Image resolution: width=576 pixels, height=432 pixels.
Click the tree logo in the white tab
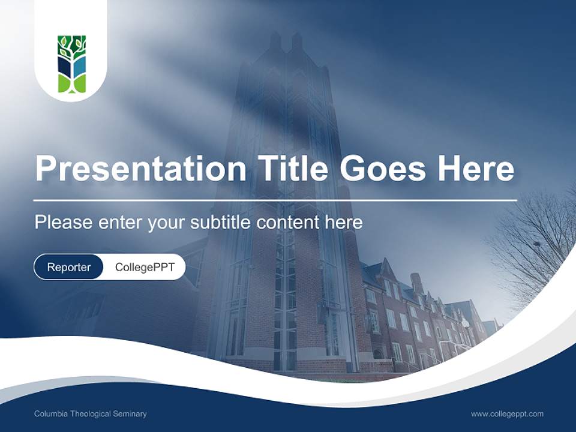[71, 64]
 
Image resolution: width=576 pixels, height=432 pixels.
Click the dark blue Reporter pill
[69, 267]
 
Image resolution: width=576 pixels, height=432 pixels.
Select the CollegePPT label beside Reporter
[145, 267]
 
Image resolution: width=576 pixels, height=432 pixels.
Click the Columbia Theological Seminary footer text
[90, 414]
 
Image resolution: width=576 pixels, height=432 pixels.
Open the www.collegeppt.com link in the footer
[507, 414]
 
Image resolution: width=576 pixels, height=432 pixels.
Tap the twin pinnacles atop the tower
[286, 42]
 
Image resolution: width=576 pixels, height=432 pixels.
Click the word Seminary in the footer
[131, 414]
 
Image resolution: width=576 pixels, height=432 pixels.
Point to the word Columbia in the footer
[50, 414]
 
